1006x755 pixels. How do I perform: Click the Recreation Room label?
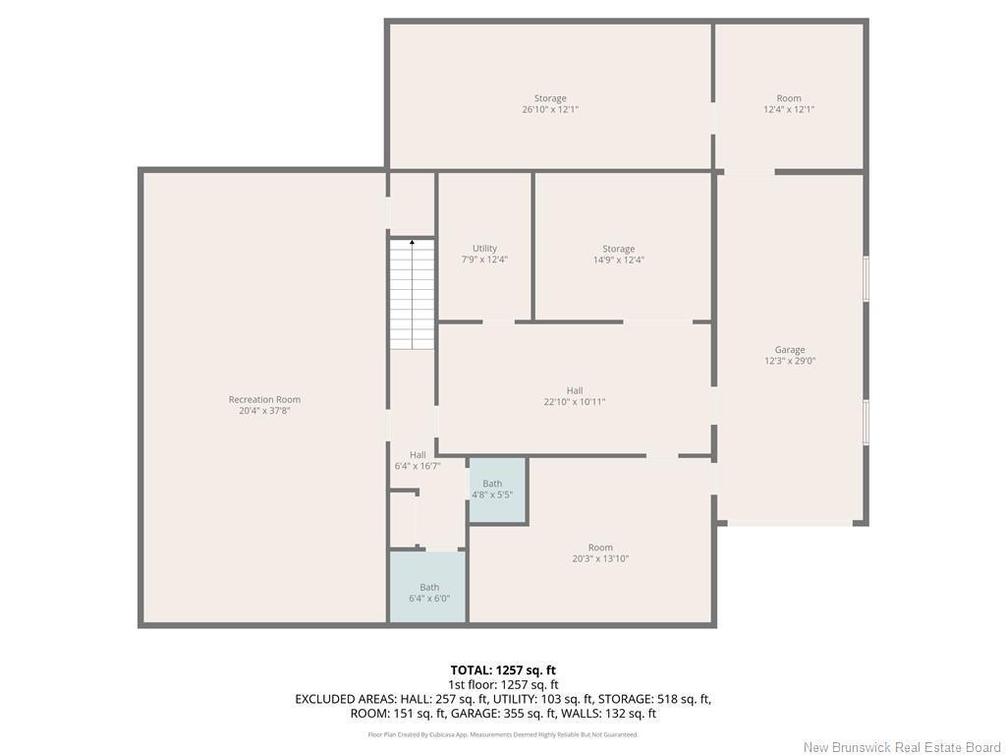264,399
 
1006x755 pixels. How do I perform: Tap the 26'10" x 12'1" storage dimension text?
550,110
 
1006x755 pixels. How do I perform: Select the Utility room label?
484,248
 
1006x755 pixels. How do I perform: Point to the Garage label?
790,349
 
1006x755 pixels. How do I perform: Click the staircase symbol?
412,295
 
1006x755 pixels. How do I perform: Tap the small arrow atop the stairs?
412,240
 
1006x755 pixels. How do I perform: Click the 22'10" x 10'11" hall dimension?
575,402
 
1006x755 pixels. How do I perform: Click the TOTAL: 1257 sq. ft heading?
503,670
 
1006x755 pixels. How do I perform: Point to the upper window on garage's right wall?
866,278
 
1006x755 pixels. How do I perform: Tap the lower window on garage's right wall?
866,422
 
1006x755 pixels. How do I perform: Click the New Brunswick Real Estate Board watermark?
902,747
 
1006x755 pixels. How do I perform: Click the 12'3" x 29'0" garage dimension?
790,361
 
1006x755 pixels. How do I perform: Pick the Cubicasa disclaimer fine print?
503,734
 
